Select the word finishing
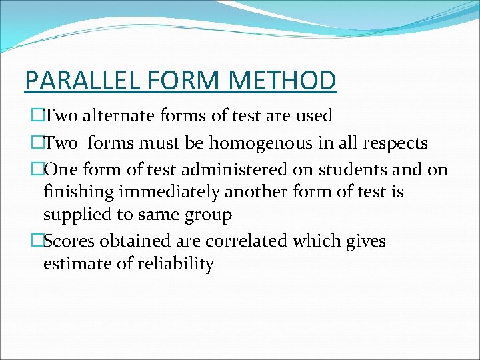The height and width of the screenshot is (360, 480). [75, 193]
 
